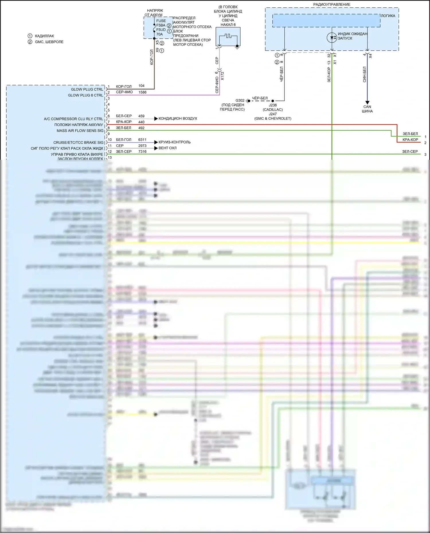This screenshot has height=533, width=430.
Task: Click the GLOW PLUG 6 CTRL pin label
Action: pos(85,95)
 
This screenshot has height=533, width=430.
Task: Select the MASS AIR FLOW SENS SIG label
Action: pos(80,131)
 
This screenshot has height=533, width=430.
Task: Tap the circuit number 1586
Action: pos(142,92)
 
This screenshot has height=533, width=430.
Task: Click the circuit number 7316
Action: pos(142,152)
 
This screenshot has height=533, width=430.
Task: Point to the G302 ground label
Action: pos(240,101)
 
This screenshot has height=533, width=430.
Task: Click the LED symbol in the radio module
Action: pos(332,38)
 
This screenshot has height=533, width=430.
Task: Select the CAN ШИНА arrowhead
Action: pos(367,103)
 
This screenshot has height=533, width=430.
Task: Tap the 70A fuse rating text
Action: pos(159,34)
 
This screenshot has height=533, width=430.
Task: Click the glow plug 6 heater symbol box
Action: pos(228,37)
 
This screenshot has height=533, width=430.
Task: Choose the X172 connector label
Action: pos(222,76)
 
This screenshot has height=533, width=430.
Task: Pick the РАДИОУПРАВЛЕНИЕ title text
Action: pos(332,5)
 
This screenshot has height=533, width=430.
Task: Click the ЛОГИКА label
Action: pos(388,16)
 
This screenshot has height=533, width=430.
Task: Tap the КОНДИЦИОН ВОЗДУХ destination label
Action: pos(178,119)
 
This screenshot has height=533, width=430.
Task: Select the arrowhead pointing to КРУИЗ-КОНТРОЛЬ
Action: pos(156,142)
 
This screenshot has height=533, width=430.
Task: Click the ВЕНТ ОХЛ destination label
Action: pos(167,148)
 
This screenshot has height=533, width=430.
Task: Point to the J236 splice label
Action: pos(273,105)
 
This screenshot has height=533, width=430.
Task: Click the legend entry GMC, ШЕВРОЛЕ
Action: pos(49,42)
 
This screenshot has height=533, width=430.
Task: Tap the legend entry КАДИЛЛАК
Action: pos(44,36)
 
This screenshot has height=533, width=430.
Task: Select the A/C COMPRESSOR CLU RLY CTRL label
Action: pos(73,119)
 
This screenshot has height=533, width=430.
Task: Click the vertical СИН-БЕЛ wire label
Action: pos(364,74)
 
